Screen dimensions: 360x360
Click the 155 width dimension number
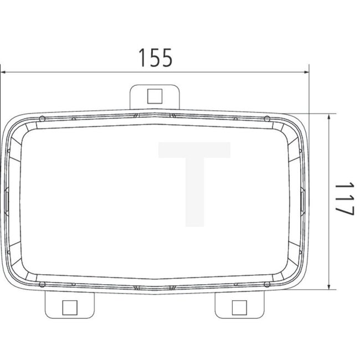(155, 57)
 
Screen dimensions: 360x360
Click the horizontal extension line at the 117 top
(316, 114)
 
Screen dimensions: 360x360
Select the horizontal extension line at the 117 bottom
(316, 290)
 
